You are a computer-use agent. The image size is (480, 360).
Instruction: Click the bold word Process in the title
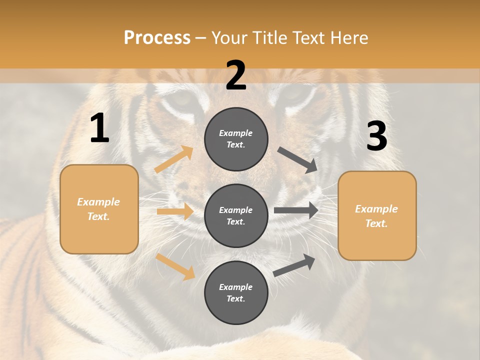point(157,37)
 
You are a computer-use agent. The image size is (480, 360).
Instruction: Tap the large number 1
point(99,128)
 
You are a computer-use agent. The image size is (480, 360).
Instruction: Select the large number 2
point(236,75)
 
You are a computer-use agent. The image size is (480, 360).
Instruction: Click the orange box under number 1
point(99,209)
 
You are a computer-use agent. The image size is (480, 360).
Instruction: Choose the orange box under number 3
point(377,215)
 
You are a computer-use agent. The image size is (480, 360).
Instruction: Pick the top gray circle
point(236,139)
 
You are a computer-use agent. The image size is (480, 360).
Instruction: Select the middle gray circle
point(236,215)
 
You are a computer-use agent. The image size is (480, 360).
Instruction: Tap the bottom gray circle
point(236,292)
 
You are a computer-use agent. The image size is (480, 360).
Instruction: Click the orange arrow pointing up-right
point(174,159)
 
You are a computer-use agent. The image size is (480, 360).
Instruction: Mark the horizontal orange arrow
point(175,211)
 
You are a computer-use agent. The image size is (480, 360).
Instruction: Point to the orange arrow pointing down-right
point(175,266)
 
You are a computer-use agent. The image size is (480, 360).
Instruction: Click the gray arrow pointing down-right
point(297,160)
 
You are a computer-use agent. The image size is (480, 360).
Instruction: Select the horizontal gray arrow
point(296,210)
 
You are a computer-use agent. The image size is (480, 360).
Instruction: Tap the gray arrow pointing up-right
point(294,265)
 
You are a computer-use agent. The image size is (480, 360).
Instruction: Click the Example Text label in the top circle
point(236,139)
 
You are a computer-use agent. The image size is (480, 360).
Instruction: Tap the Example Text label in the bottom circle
point(236,292)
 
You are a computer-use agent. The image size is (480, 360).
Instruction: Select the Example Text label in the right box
point(377,216)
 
